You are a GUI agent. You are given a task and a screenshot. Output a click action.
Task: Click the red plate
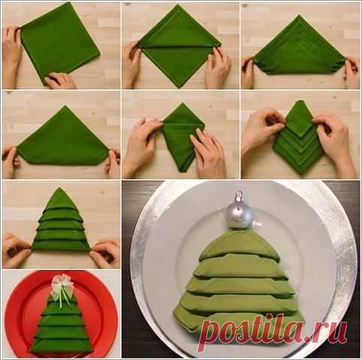[61, 314]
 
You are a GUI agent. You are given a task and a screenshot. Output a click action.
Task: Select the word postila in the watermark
[252, 329]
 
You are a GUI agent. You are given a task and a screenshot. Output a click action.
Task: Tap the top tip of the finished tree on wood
[59, 187]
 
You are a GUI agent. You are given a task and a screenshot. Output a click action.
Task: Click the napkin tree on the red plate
[62, 322]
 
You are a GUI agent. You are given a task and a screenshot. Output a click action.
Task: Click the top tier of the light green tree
[239, 244]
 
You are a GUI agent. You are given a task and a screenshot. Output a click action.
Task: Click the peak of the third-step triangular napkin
[299, 16]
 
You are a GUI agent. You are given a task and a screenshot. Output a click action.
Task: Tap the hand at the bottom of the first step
[59, 80]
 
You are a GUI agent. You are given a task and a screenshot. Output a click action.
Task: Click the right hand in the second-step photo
[217, 67]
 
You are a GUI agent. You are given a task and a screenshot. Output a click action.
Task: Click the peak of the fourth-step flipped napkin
[65, 106]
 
